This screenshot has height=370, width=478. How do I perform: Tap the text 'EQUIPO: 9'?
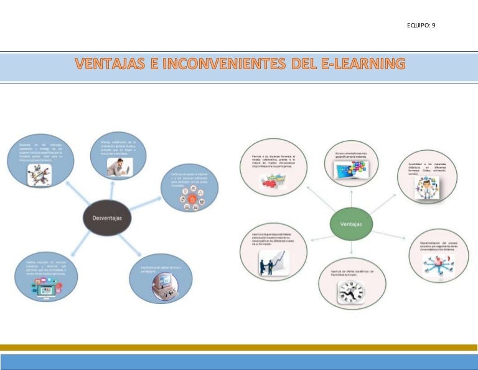pos(420,25)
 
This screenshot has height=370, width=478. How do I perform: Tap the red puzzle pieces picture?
pos(273,180)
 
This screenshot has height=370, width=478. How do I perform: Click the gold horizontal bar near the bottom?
pos(239,347)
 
